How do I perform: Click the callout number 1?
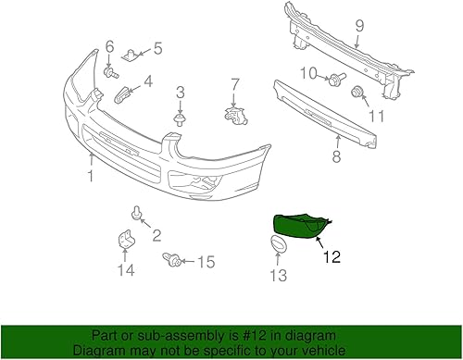pos(91,174)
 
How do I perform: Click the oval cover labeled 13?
pos(274,244)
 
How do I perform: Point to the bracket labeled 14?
pos(125,240)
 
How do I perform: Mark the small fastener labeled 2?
pos(137,215)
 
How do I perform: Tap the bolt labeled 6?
pos(110,70)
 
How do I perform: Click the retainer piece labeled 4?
pos(122,93)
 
